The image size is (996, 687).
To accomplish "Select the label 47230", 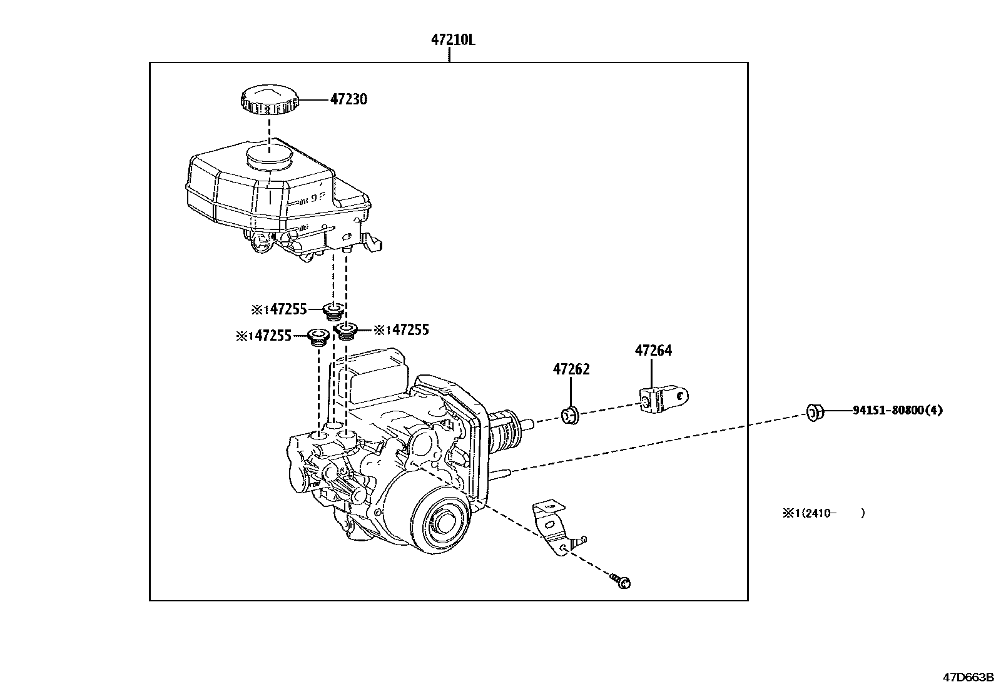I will tap(348, 99).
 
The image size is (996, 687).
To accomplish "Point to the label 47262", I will tap(571, 369).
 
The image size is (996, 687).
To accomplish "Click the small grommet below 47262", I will tap(570, 414).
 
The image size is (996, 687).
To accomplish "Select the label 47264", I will tap(653, 351).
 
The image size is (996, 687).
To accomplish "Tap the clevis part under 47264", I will tap(662, 398).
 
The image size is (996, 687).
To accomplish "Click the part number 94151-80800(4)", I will tap(897, 411).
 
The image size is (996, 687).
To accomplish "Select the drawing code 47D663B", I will tap(968, 677).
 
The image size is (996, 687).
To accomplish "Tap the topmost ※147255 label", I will tap(279, 309).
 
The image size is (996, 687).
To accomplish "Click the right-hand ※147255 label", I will tap(401, 330).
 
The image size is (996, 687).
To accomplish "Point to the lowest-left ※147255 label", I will tap(263, 336).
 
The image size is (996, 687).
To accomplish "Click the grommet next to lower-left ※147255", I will tap(319, 338).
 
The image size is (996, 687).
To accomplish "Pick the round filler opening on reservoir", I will tap(269, 156).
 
